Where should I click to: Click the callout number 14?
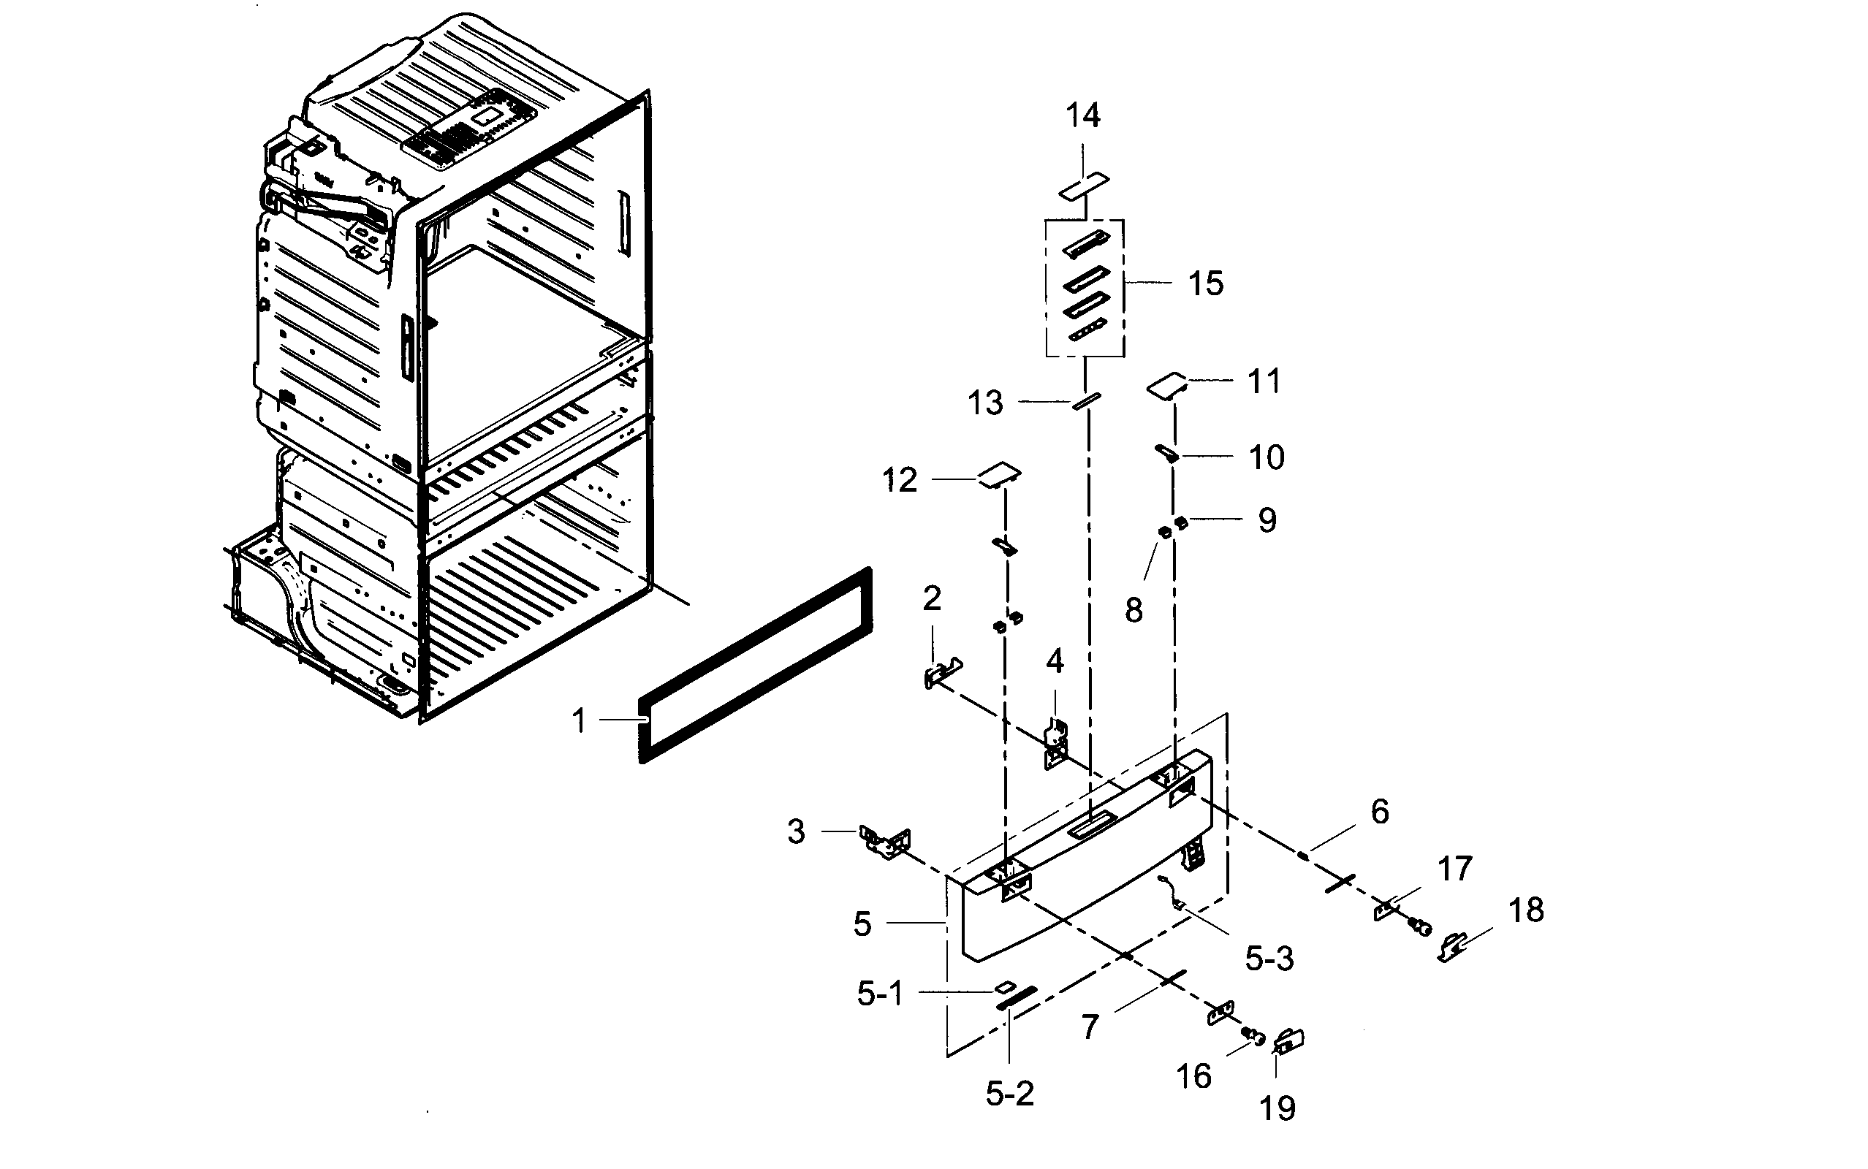pos(1082,116)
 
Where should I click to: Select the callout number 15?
pos(1205,283)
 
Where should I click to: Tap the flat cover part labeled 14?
pos(1083,186)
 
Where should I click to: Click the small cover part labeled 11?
pos(1166,384)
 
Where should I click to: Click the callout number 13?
pos(985,403)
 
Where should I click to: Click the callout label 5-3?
pos(1269,959)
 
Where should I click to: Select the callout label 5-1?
pos(880,994)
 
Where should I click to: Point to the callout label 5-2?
pos(1009,1093)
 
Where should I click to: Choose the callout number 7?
pos(1090,1027)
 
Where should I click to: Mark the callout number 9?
pos(1267,520)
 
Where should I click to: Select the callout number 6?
pos(1379,812)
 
